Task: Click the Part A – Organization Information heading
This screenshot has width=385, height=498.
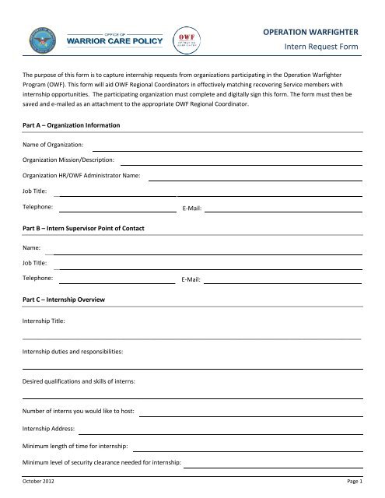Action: [70, 124]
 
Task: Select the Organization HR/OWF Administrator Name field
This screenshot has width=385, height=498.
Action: [255, 178]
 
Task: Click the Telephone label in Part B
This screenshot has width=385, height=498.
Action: [38, 278]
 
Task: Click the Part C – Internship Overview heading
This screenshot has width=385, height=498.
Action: [64, 299]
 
